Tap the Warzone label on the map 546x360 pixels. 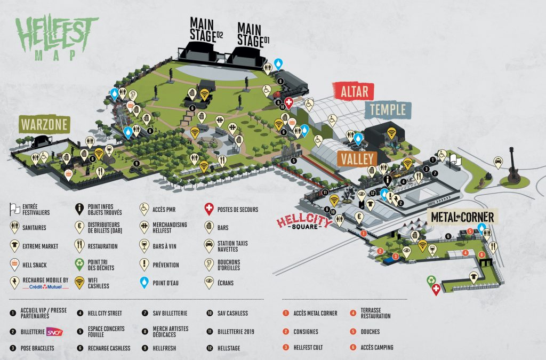pos(45,125)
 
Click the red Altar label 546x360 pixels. pos(354,91)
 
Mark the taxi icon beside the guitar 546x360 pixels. pos(498,162)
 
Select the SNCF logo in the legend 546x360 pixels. pos(54,332)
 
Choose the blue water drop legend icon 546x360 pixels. pos(144,282)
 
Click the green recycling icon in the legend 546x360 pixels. pos(79,264)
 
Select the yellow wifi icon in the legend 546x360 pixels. pos(79,282)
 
